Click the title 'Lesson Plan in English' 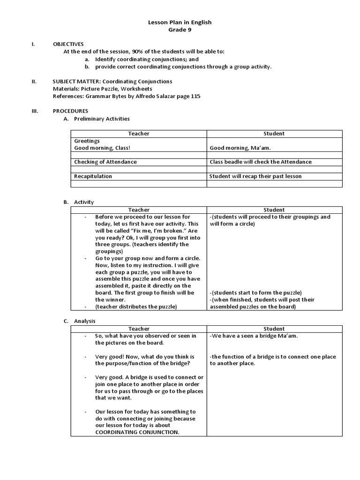[x=180, y=22]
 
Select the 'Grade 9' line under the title [x=180, y=30]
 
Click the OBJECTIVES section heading [x=68, y=44]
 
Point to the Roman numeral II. [x=34, y=82]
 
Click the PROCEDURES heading [x=70, y=111]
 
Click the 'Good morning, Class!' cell [x=102, y=148]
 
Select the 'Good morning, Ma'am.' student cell [x=240, y=148]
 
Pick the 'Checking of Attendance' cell [x=105, y=162]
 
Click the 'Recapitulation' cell [x=93, y=176]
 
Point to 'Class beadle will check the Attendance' [x=261, y=162]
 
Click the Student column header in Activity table [x=274, y=210]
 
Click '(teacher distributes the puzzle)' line [x=136, y=307]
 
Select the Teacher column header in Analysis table [x=139, y=329]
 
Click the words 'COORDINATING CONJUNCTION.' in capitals [x=137, y=432]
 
